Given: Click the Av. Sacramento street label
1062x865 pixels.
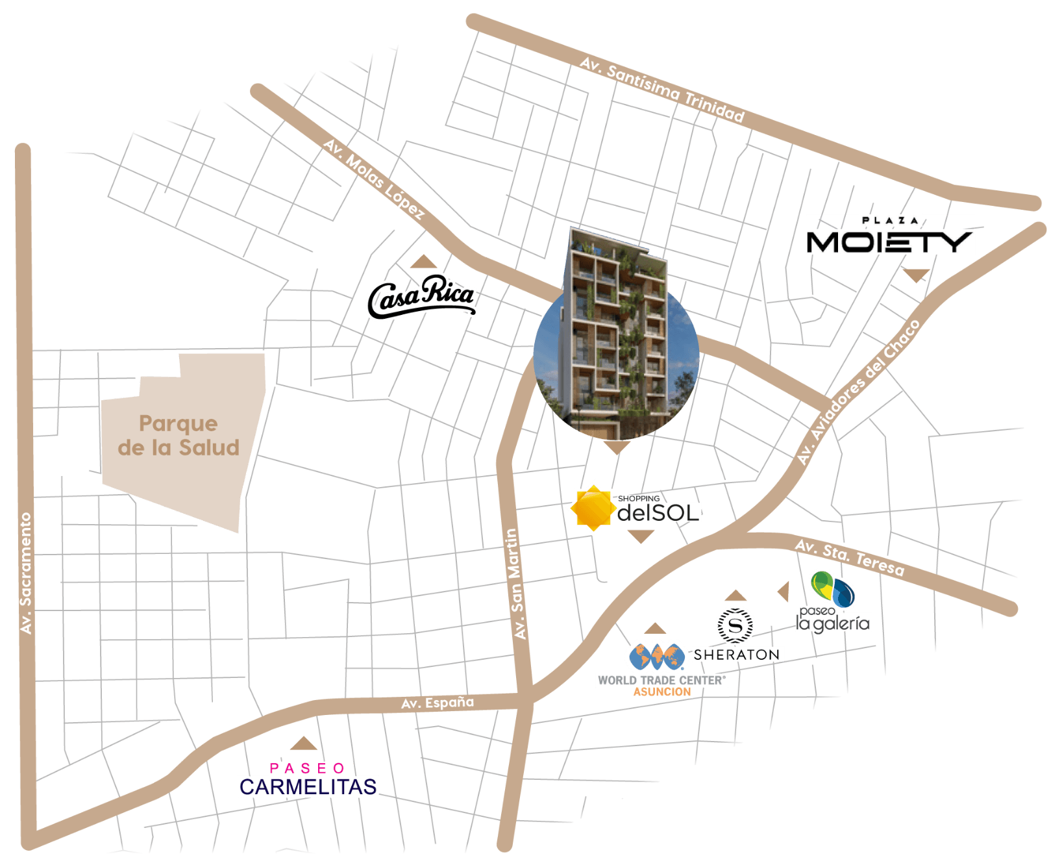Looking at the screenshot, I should [x=26, y=573].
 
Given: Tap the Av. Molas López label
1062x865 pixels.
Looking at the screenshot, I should [x=375, y=179].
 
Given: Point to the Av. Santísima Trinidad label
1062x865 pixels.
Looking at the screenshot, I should [x=662, y=89].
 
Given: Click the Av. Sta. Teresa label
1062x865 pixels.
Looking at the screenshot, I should [x=850, y=557].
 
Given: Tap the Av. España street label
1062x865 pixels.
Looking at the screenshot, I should [x=438, y=703].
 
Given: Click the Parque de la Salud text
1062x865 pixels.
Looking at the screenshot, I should [x=179, y=436].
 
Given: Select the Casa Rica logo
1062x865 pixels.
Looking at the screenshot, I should [x=422, y=297].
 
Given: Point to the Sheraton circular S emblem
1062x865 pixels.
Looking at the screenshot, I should [x=735, y=625].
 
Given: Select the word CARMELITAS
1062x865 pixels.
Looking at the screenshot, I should [x=308, y=786].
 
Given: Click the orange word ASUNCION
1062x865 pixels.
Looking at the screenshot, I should [x=662, y=692].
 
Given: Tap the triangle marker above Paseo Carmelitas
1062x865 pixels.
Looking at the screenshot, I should [x=303, y=744].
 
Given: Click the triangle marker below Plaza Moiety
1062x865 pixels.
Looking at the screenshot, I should [x=916, y=275].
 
